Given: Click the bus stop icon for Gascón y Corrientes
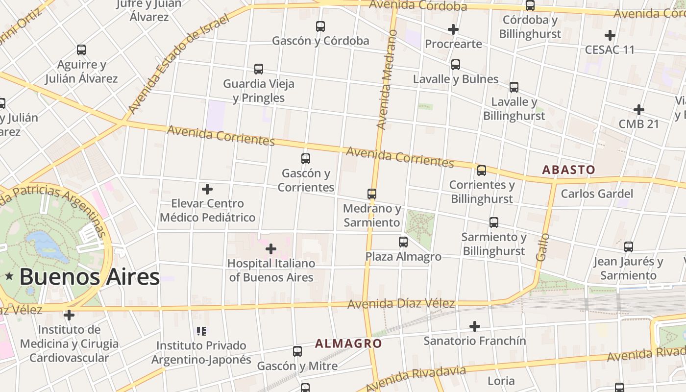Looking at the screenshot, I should tap(306, 158).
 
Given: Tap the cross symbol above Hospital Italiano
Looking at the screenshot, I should tap(270, 249).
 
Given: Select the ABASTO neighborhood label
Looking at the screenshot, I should tap(568, 170).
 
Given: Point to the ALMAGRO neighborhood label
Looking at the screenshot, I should tap(348, 343).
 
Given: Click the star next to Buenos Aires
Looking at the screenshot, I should tap(9, 277).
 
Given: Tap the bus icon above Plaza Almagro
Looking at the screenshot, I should tap(403, 242).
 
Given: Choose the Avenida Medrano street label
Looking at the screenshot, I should tap(387, 79).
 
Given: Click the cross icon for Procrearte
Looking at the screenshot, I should tap(453, 29).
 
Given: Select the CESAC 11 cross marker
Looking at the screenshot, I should tap(610, 35).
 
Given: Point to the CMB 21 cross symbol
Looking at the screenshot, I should tap(638, 109).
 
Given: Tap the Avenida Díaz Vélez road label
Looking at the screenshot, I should tap(401, 304).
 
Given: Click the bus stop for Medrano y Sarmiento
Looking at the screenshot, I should tap(372, 194).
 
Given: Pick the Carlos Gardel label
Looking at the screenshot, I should tap(597, 194).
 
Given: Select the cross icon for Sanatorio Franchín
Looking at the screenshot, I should tap(474, 326).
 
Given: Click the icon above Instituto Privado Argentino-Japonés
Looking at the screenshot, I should tap(201, 331).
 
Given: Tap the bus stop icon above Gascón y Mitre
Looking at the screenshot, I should tap(297, 351).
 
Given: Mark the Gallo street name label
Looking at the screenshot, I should tap(542, 247).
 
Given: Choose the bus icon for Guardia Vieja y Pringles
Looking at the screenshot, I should tap(259, 69).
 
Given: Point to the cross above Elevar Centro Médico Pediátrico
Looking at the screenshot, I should tap(207, 189).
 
